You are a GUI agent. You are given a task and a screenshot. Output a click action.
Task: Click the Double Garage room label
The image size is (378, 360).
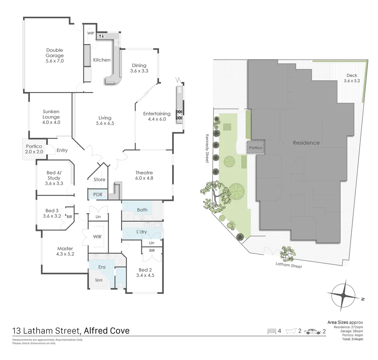[55, 55]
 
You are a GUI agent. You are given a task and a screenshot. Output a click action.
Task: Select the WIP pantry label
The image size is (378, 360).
[90, 33]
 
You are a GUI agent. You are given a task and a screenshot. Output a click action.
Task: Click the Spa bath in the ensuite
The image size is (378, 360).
[99, 280]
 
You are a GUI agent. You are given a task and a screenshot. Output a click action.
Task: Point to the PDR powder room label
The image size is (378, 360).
[98, 194]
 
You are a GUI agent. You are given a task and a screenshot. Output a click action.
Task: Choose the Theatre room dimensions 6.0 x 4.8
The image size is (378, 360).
[144, 178]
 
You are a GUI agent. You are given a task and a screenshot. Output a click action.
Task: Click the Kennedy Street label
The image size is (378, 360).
[207, 148]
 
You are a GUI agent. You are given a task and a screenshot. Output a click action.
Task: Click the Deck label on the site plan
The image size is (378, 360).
[352, 75]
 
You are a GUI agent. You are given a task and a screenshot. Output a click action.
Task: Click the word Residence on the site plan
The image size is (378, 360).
[306, 143]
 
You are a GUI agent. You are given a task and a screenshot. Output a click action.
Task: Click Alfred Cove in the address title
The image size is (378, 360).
[107, 331]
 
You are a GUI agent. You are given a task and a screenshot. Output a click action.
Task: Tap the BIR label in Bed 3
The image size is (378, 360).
[69, 217]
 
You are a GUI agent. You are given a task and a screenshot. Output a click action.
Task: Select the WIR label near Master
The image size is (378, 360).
[97, 237]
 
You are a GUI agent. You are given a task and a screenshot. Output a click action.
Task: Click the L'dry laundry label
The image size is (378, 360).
[142, 232]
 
